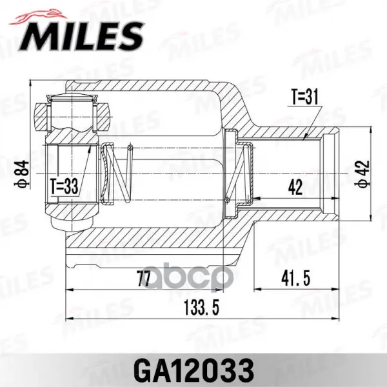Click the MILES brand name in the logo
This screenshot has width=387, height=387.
[x=81, y=37]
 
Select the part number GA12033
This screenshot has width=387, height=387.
[x=194, y=370]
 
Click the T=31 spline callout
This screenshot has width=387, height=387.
[x=305, y=97]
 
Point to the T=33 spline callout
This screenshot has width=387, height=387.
[x=64, y=186]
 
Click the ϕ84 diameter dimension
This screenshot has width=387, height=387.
[x=23, y=174]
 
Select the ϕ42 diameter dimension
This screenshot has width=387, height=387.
[x=362, y=174]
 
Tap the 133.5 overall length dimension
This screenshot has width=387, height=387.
[x=202, y=308]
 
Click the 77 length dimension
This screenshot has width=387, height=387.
[x=144, y=279]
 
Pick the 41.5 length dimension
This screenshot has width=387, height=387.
[x=295, y=279]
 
